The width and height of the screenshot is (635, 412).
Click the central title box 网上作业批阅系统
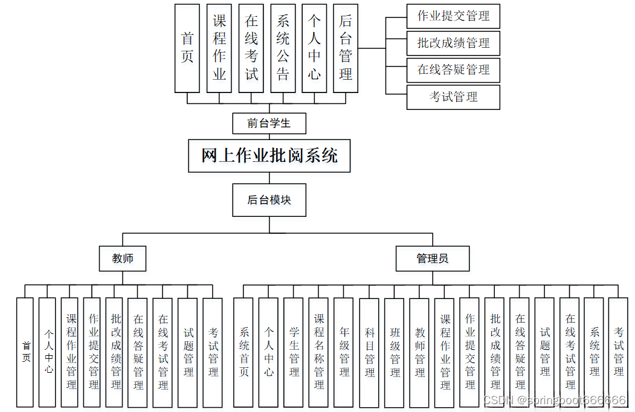click(x=269, y=156)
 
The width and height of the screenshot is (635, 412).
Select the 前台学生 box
click(x=269, y=124)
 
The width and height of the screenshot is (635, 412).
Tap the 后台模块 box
click(x=269, y=200)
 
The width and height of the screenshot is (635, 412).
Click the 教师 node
click(x=123, y=259)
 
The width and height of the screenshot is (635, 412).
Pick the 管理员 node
click(x=433, y=259)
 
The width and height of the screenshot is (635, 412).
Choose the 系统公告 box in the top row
click(x=283, y=48)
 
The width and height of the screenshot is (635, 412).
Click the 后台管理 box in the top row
click(x=346, y=48)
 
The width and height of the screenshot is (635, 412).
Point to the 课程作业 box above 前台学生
click(x=219, y=48)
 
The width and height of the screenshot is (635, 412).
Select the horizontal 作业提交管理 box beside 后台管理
click(x=453, y=16)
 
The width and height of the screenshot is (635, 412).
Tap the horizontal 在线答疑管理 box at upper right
click(x=453, y=69)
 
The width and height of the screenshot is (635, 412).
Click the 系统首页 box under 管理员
click(x=243, y=352)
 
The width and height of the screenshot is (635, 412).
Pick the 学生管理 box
click(x=294, y=352)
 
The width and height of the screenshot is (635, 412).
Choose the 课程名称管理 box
click(x=319, y=352)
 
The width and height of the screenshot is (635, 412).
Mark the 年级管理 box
click(x=344, y=352)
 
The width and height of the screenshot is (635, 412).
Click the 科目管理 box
click(x=369, y=352)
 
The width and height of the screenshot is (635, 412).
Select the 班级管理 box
click(x=395, y=352)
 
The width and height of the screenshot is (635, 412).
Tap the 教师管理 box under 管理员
click(x=419, y=352)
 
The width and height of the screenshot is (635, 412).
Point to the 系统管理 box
click(x=594, y=352)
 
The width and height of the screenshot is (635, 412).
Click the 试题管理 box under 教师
click(x=188, y=352)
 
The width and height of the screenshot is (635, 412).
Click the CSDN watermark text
click(x=555, y=401)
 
